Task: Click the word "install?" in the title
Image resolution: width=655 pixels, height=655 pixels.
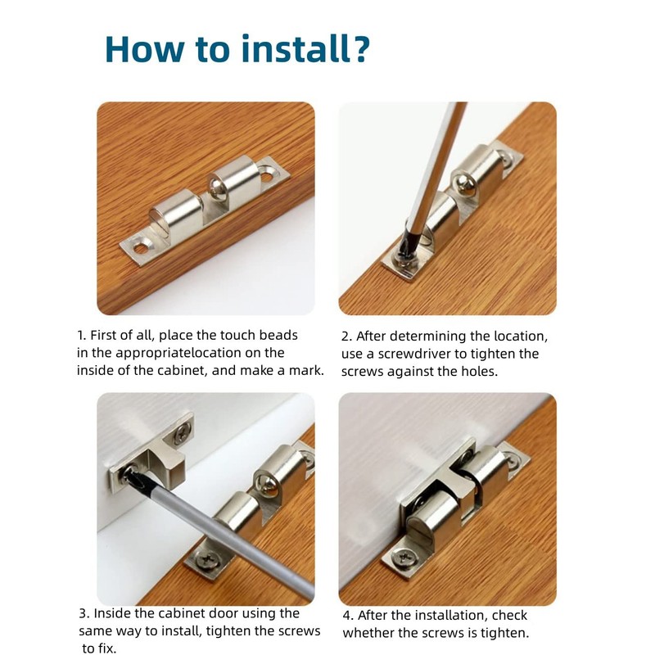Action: pyautogui.click(x=305, y=49)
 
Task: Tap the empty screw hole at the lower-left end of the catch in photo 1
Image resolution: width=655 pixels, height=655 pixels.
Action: pyautogui.click(x=141, y=247)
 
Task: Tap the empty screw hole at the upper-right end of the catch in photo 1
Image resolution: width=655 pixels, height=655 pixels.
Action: pyautogui.click(x=268, y=172)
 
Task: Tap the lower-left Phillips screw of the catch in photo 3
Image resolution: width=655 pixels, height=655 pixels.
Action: pyautogui.click(x=207, y=559)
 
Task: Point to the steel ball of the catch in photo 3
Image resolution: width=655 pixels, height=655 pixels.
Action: pyautogui.click(x=268, y=485)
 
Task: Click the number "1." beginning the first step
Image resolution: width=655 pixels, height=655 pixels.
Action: pyautogui.click(x=82, y=336)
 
